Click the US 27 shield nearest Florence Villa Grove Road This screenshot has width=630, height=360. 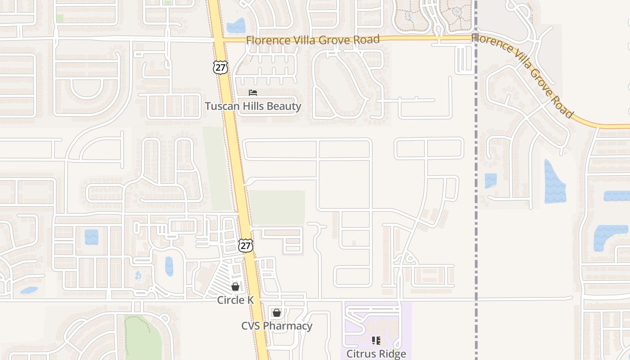pyautogui.click(x=220, y=67)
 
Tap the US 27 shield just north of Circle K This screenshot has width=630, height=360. pyautogui.click(x=246, y=245)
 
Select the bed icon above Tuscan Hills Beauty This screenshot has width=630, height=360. pyautogui.click(x=253, y=93)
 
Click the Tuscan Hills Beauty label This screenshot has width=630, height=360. pyautogui.click(x=253, y=106)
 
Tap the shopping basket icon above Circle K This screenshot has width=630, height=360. pyautogui.click(x=235, y=286)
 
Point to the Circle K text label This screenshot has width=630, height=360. pyautogui.click(x=235, y=300)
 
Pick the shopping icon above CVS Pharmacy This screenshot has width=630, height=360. pyautogui.click(x=276, y=312)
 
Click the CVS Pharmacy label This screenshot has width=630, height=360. pyautogui.click(x=277, y=326)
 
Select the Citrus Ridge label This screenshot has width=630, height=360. pyautogui.click(x=376, y=354)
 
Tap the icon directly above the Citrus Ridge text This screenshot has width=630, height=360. pyautogui.click(x=376, y=340)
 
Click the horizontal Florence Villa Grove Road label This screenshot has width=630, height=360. pyautogui.click(x=313, y=40)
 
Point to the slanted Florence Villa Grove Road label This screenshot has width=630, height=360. pyautogui.click(x=523, y=74)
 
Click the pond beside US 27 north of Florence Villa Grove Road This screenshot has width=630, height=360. pyautogui.click(x=236, y=26)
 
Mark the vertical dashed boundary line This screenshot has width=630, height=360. pyautogui.click(x=476, y=180)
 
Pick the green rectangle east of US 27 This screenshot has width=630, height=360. pyautogui.click(x=277, y=207)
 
